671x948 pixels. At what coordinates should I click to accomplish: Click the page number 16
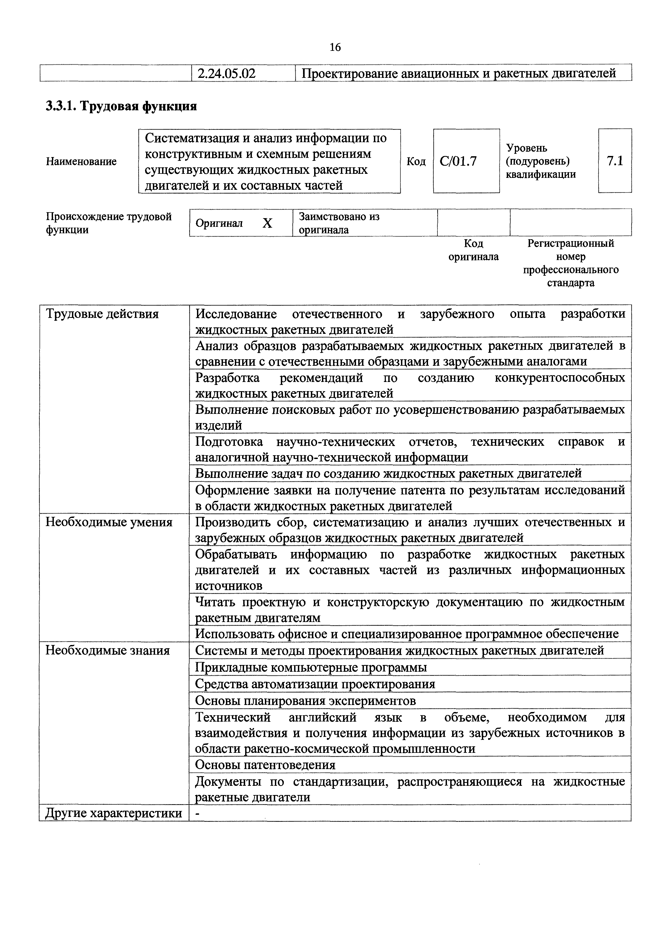point(335,48)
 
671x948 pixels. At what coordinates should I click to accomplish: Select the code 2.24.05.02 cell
point(226,74)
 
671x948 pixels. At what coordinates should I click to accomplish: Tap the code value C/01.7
point(458,161)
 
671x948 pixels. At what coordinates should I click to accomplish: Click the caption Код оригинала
point(473,250)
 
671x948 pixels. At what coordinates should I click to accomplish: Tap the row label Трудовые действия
point(102,314)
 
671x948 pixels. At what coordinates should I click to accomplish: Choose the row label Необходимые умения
point(109,522)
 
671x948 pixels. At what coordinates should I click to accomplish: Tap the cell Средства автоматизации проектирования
point(315,684)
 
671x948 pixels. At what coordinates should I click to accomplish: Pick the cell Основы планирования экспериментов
point(305,701)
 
